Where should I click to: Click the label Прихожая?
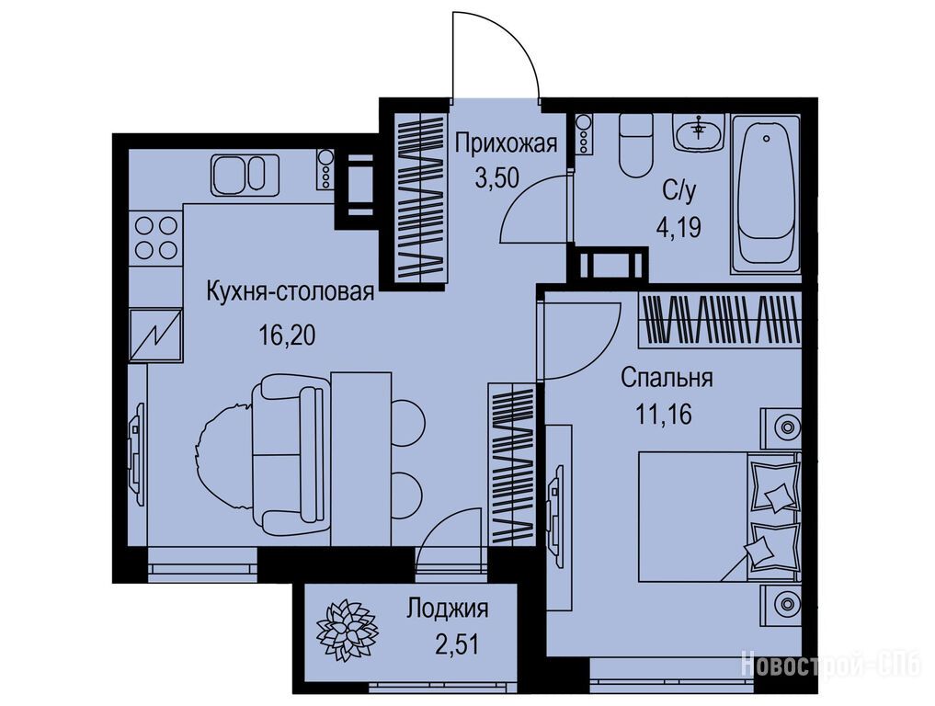coord(507,144)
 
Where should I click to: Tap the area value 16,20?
coord(287,336)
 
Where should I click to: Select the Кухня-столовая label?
coord(291,292)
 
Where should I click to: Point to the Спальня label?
coord(667,378)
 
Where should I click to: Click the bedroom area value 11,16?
coord(665,415)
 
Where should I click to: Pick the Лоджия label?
coord(448,609)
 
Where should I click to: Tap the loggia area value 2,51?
coord(457,644)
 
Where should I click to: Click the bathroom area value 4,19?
coord(678,227)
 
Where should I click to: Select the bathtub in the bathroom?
coord(766,194)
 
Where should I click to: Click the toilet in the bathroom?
coord(635,145)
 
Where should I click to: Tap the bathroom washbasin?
coord(698,131)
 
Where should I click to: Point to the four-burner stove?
coord(156,237)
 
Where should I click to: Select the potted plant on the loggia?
coord(348,629)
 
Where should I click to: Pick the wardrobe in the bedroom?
coord(719,320)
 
